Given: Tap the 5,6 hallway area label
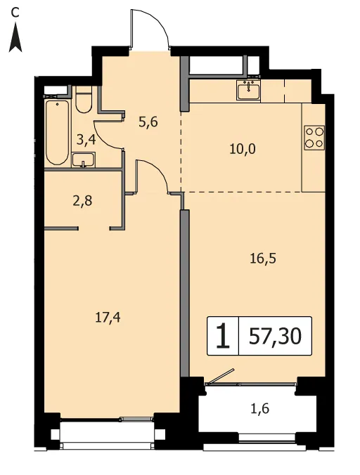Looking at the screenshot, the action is [x=148, y=123].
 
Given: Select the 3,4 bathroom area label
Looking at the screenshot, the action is [x=86, y=140].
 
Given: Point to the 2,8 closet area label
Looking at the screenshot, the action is [x=82, y=201].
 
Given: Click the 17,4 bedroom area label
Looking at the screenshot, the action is [x=108, y=317].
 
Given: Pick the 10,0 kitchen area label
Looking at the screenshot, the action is [x=243, y=149].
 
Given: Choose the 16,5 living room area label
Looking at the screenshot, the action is [x=263, y=259].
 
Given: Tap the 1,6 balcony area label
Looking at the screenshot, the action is [x=260, y=408].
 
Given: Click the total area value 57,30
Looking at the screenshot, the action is [x=275, y=337].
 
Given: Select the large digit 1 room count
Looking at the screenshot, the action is [x=224, y=336].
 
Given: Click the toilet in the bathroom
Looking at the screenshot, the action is [x=84, y=100].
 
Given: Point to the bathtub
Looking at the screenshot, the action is [x=57, y=132].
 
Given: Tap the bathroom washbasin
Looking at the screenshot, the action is [x=84, y=160].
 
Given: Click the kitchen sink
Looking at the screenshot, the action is [x=249, y=91].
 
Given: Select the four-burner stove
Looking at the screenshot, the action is [x=314, y=137].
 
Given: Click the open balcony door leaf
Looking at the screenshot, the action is [x=220, y=376].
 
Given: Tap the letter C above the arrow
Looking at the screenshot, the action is [x=15, y=13].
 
